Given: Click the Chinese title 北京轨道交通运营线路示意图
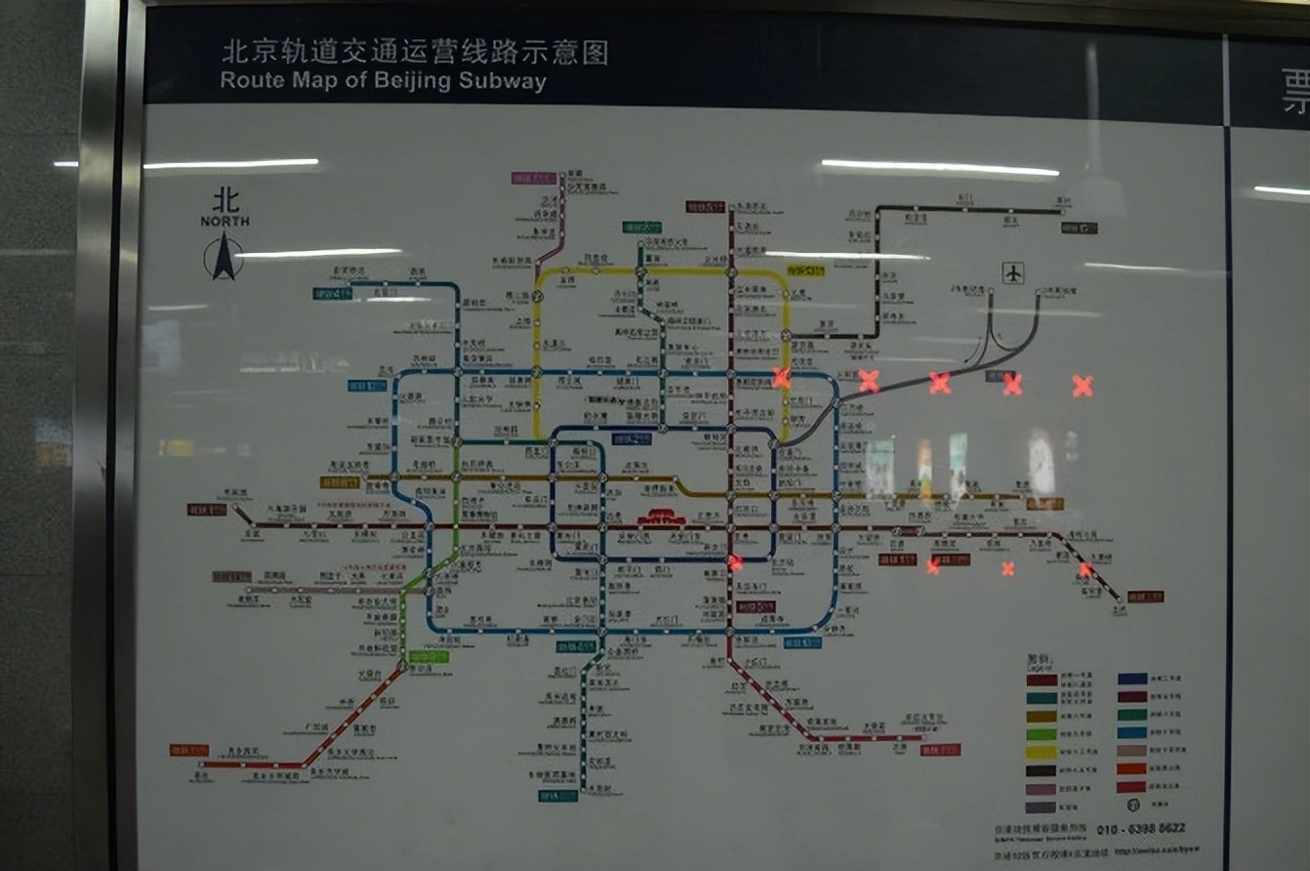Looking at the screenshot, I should (x=415, y=52).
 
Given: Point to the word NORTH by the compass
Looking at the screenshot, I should (x=225, y=222).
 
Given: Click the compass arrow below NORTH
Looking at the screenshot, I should (x=224, y=258).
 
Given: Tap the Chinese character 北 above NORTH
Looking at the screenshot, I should (x=225, y=201).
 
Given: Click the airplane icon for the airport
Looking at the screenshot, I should (x=1013, y=272).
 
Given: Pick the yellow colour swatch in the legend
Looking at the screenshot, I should (x=1042, y=753).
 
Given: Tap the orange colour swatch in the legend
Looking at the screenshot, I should (x=1132, y=768).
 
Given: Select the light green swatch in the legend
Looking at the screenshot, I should (x=1042, y=734).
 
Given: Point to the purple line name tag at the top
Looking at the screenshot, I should (x=533, y=178).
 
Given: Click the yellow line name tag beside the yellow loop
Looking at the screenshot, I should (x=806, y=270).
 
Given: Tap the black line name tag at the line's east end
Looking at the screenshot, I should (x=1082, y=228).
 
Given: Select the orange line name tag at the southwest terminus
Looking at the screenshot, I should (x=189, y=750).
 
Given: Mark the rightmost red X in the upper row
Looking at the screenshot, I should (x=1082, y=386).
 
